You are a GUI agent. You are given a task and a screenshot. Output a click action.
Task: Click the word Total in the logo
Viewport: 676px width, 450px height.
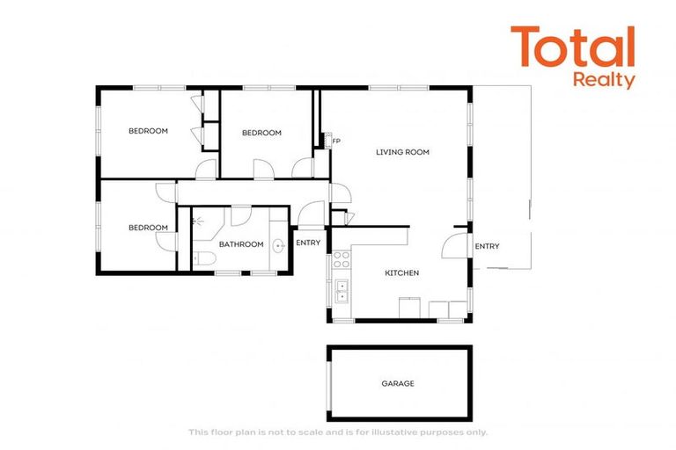(572, 48)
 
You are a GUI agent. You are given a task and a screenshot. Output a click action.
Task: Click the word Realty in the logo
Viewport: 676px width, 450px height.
(604, 80)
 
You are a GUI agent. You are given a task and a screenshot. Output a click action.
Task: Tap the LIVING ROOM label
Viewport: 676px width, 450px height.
(402, 152)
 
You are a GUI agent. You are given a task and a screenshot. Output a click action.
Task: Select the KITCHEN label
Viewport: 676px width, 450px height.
(401, 273)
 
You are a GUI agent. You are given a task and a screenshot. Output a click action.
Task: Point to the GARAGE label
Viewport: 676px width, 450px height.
(398, 383)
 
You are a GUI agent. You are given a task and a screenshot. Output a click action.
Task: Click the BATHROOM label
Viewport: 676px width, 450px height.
(241, 244)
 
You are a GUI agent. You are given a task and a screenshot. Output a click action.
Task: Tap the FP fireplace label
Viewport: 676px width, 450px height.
(336, 142)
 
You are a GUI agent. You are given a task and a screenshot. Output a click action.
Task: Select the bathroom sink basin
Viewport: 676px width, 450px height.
(278, 245)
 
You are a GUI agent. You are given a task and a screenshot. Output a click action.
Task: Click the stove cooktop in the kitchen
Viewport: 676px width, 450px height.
(341, 259)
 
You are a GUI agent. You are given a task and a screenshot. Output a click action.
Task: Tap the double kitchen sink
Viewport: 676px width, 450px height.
(341, 291)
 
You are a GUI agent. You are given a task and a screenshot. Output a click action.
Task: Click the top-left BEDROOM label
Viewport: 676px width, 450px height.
(148, 131)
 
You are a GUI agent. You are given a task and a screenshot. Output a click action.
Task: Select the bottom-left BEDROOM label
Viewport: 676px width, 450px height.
(148, 228)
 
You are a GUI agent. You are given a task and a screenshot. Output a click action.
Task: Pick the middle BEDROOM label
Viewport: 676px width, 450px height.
(261, 133)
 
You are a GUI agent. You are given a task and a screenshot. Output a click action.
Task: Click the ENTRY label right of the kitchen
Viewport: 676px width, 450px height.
(487, 246)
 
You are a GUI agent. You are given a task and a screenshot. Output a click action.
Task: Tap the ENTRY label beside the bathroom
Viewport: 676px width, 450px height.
(308, 243)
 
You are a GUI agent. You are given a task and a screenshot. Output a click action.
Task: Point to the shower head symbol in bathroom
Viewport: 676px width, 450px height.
(199, 223)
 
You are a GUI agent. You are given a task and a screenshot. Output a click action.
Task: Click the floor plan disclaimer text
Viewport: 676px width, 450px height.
(338, 432)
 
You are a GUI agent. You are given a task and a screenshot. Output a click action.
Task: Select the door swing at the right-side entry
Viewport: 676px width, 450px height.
(454, 243)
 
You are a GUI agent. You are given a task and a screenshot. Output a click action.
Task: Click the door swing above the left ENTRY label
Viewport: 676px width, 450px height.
(310, 214)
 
